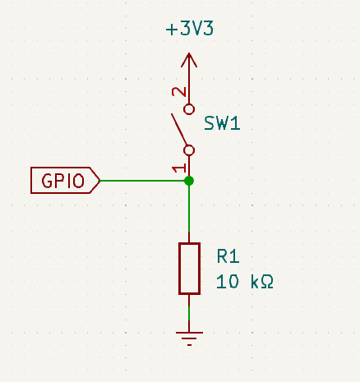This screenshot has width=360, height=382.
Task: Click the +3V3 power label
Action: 190,30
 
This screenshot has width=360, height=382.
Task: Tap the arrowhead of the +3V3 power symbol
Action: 189,58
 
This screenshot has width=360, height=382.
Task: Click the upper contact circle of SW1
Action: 189,108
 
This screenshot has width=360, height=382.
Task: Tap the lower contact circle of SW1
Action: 189,150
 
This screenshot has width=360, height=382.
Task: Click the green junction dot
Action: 189,180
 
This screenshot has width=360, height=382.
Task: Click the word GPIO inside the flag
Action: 62,180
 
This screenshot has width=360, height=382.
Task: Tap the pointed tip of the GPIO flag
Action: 99,180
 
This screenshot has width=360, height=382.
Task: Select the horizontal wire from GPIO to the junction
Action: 144,180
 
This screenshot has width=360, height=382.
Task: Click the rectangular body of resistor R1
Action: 189,268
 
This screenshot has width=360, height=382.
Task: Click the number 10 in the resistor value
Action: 227,282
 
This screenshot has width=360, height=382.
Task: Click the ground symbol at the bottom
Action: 189,337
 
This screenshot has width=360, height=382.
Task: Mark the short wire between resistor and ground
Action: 189,311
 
